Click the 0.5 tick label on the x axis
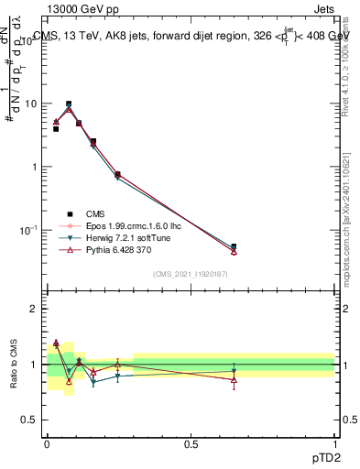point(191,444)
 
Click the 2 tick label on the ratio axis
point(34,309)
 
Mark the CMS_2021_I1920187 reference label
point(190,274)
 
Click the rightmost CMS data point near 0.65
point(234,246)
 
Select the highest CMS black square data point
point(69,104)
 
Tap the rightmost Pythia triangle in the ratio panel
point(234,378)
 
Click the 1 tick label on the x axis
point(334,444)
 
